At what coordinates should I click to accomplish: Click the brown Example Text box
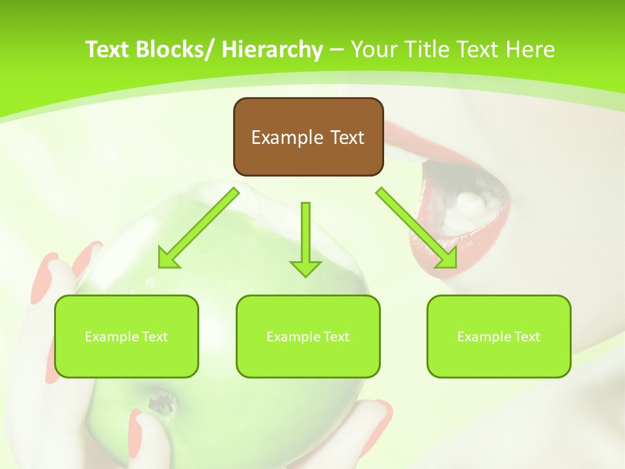tap(308, 137)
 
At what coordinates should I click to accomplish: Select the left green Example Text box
tap(126, 336)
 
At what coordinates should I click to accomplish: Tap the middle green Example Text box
tap(308, 336)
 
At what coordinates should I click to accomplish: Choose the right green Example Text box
tap(499, 336)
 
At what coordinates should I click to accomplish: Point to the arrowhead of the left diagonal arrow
tap(167, 259)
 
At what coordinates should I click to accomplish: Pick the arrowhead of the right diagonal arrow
tap(447, 259)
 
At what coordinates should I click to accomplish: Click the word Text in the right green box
tap(527, 337)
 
